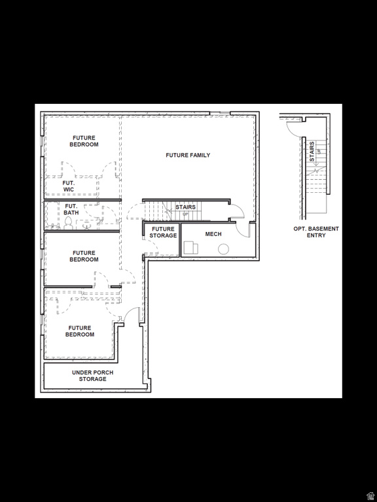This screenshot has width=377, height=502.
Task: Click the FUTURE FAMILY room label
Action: (x=188, y=155)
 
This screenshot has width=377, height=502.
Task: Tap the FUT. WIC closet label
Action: (x=69, y=186)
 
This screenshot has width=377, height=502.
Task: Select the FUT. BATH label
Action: (x=71, y=209)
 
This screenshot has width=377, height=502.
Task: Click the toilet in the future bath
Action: (x=67, y=223)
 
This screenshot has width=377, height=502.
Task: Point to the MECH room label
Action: (x=213, y=234)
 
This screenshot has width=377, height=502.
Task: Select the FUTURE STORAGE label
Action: (x=163, y=232)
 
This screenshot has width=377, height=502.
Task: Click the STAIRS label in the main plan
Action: (x=185, y=207)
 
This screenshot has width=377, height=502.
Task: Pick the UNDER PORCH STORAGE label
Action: (x=92, y=376)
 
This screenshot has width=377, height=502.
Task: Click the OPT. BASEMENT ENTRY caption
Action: (x=316, y=232)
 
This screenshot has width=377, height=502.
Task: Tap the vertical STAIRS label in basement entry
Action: (x=312, y=151)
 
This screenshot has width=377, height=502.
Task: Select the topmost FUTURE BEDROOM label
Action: (x=84, y=141)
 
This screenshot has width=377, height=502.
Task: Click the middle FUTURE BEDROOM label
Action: (x=84, y=256)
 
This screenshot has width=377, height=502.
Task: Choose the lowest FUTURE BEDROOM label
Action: (x=80, y=331)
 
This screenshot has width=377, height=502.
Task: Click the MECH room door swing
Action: (x=243, y=229)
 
